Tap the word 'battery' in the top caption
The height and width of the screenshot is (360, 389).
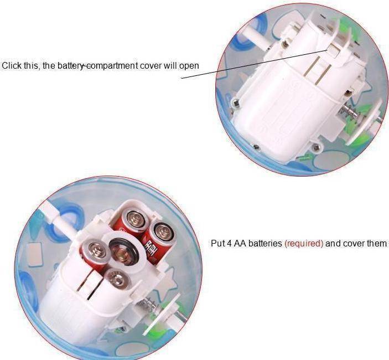pos(70,66)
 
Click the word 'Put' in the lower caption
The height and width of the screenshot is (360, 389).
pos(217,243)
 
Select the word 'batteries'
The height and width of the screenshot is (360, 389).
pos(265,243)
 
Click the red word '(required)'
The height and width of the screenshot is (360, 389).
pos(304,244)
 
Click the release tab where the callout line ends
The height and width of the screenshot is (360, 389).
pos(331,48)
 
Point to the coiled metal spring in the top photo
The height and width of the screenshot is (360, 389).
pos(350,112)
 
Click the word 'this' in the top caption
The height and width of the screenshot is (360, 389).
pos(32,66)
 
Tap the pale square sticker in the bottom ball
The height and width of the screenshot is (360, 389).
pos(35,254)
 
